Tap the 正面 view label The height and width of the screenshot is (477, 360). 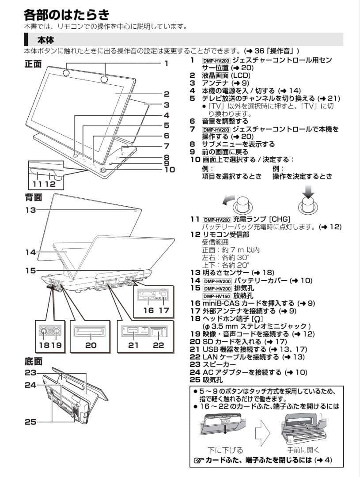pos(33,64)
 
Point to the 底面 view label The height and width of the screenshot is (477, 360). pos(33,361)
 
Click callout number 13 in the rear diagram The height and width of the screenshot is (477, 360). pos(30,211)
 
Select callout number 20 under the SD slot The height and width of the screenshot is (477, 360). pos(91,345)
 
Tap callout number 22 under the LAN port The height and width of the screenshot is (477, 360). pos(158,345)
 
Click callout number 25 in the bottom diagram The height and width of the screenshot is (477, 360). pos(30,422)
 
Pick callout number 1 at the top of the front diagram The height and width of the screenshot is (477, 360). pos(167,63)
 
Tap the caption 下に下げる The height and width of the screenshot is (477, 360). pos(225,450)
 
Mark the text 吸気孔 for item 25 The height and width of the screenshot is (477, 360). pos(212,379)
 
